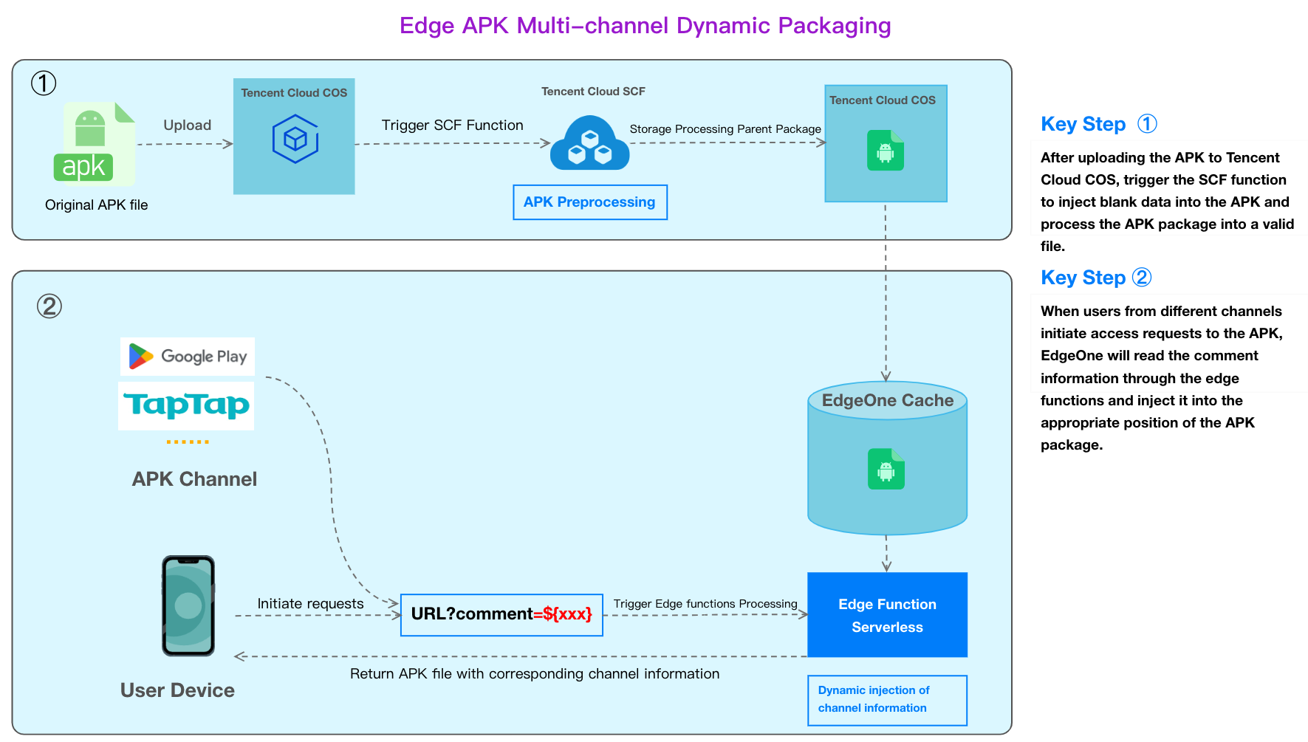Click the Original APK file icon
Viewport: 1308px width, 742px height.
pyautogui.click(x=95, y=142)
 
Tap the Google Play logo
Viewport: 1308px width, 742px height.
pyautogui.click(x=188, y=357)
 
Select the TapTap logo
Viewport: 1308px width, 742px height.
pyautogui.click(x=186, y=405)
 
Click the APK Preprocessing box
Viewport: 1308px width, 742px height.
pyautogui.click(x=590, y=202)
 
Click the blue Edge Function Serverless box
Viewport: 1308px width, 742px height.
pyautogui.click(x=887, y=615)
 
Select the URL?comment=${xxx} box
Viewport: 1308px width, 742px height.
pyautogui.click(x=501, y=615)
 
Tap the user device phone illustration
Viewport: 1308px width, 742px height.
pyautogui.click(x=188, y=605)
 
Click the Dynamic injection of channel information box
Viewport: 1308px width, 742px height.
pyautogui.click(x=887, y=700)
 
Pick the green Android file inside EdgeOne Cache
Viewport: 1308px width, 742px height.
pyautogui.click(x=886, y=469)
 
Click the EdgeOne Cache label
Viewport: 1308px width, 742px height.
pyautogui.click(x=888, y=401)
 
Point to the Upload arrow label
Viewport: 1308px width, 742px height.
pyautogui.click(x=188, y=126)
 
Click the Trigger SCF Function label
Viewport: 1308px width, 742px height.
pyautogui.click(x=453, y=126)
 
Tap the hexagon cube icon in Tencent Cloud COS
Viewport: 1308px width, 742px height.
pyautogui.click(x=295, y=139)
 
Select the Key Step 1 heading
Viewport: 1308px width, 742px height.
pyautogui.click(x=1099, y=124)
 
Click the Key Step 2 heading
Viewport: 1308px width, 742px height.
pyautogui.click(x=1096, y=278)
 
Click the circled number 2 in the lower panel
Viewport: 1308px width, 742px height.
pyautogui.click(x=49, y=306)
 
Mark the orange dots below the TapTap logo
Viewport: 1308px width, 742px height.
pyautogui.click(x=188, y=442)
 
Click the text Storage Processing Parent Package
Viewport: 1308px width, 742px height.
pyautogui.click(x=725, y=129)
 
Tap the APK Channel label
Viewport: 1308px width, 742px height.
pyautogui.click(x=194, y=479)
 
